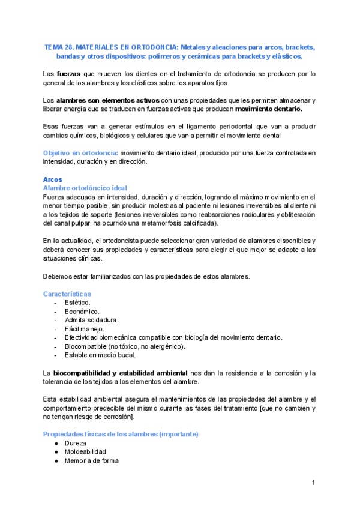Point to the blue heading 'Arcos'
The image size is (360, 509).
click(53, 179)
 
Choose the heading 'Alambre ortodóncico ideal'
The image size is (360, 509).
click(85, 188)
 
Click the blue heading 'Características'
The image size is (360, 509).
click(67, 294)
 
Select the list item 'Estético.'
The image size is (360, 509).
click(77, 303)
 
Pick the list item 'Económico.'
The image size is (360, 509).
click(82, 312)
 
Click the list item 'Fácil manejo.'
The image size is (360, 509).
click(85, 329)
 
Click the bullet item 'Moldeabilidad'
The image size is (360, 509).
click(85, 452)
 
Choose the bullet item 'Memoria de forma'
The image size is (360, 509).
click(91, 461)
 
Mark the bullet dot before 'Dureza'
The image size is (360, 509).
click(56, 443)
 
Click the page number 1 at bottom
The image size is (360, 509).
click(313, 483)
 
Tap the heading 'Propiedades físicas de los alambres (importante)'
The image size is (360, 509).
click(121, 434)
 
